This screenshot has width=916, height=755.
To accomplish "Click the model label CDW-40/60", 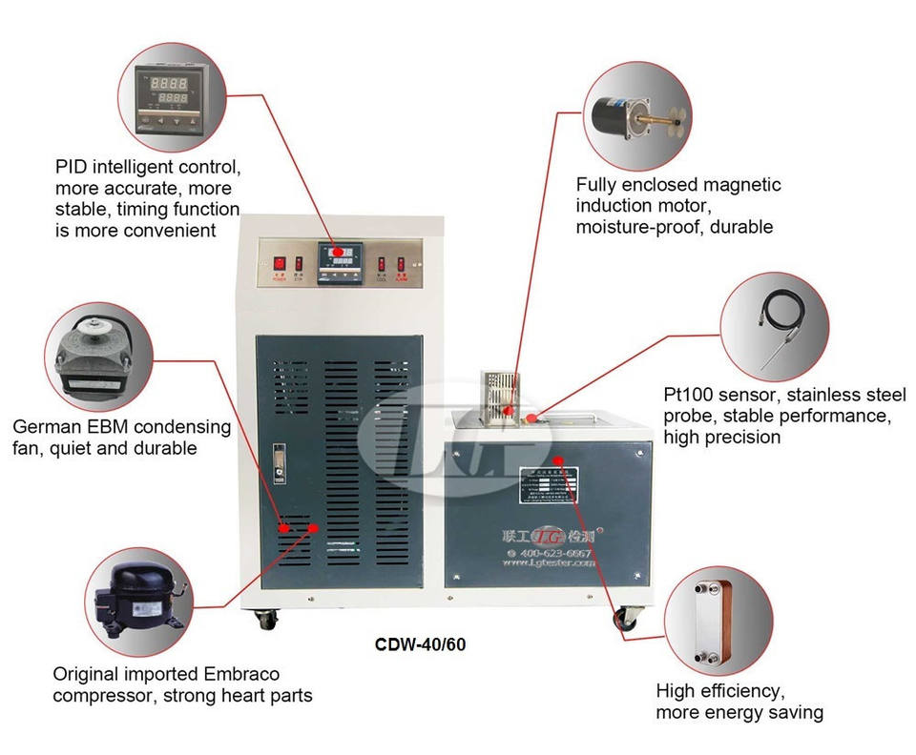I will pyautogui.click(x=420, y=643).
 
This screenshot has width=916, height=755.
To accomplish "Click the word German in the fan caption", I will pyautogui.click(x=43, y=426).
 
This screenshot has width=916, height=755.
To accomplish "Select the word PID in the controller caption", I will pyautogui.click(x=70, y=169).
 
